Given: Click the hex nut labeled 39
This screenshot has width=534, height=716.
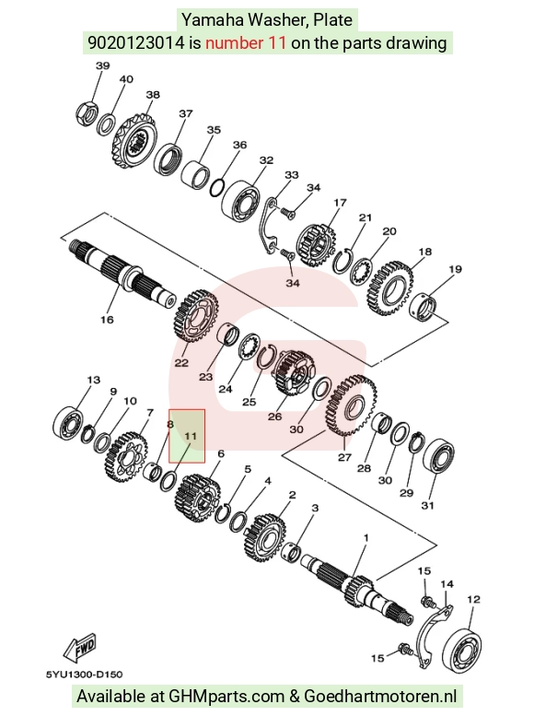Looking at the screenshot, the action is click(x=86, y=114).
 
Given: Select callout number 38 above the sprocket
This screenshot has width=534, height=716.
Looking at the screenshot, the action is click(x=153, y=95).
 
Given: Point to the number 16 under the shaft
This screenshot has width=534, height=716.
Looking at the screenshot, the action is click(x=107, y=320).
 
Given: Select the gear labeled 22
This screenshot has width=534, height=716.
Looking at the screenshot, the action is click(x=196, y=316).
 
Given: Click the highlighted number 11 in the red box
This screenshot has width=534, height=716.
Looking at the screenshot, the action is click(x=191, y=436).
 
